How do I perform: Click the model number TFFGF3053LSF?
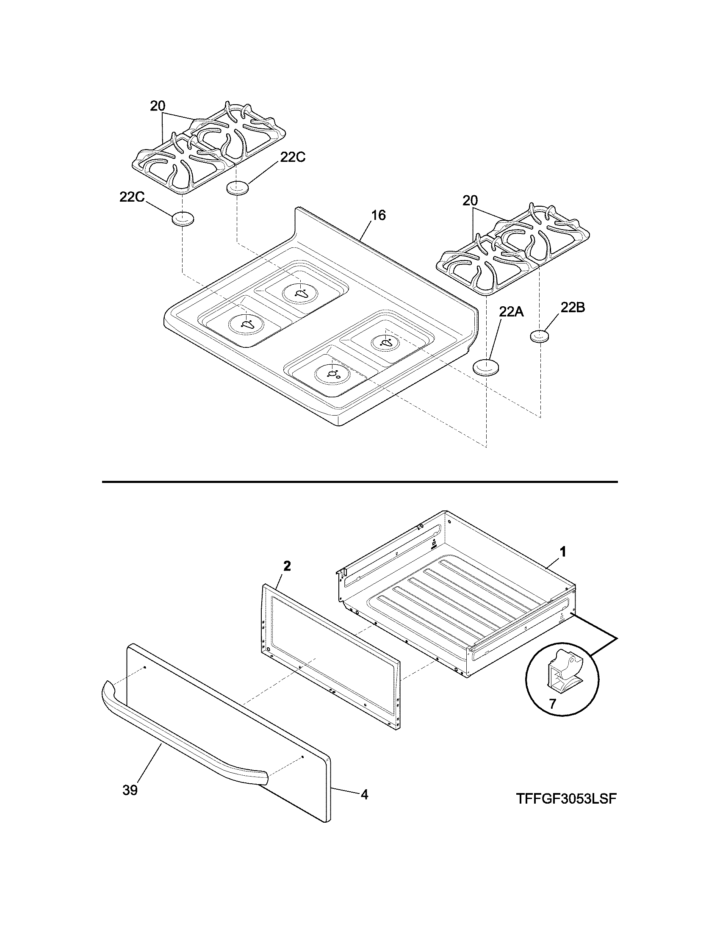tap(567, 799)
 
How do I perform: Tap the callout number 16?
tap(378, 216)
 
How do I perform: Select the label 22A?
tap(511, 312)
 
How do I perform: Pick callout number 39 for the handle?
tap(130, 791)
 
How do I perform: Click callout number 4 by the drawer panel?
tap(364, 794)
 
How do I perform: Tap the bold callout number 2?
tap(287, 566)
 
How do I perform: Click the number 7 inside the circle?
tap(553, 704)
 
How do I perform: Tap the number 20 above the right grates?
tap(470, 200)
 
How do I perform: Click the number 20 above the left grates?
tap(158, 106)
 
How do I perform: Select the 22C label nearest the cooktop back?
tap(293, 157)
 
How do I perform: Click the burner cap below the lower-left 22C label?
tap(183, 219)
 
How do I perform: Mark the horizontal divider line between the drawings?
tap(360, 482)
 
